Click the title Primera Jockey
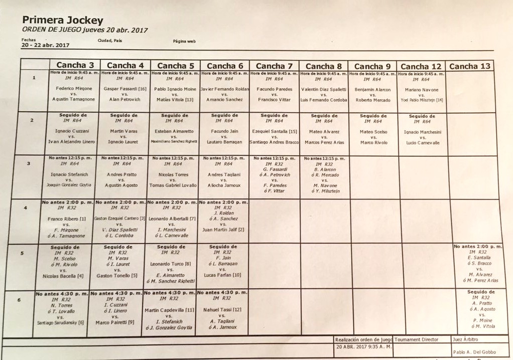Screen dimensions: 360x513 click(x=63, y=21)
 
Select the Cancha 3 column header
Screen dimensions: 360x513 click(x=75, y=65)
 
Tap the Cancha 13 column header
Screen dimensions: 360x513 click(x=470, y=66)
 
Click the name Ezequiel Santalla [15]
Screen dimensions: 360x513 click(x=274, y=131)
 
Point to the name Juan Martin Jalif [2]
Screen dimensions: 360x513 click(x=223, y=230)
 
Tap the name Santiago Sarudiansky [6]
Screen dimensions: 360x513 click(x=61, y=322)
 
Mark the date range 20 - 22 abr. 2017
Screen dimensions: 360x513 click(x=45, y=45)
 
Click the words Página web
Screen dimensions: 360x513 click(x=184, y=41)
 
